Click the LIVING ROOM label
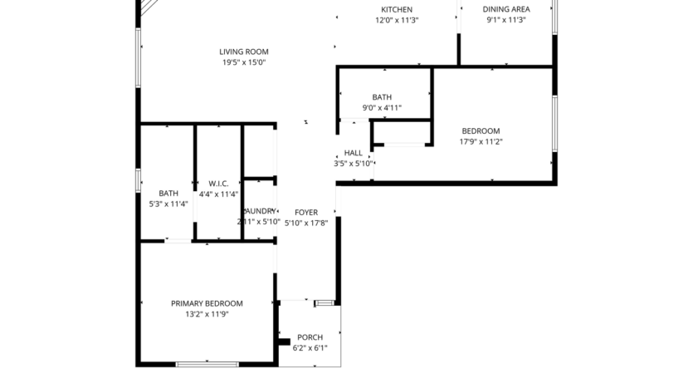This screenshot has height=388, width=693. (x=244, y=52)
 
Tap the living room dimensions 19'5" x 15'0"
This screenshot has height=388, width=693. (x=244, y=62)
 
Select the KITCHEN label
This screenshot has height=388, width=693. (x=397, y=9)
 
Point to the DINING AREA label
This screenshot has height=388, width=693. (x=506, y=9)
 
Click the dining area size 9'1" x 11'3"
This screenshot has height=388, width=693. (x=506, y=20)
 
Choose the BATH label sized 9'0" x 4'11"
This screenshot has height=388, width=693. (x=382, y=97)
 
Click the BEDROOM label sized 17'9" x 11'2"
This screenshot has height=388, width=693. (x=481, y=130)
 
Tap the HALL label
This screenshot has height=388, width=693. (x=354, y=153)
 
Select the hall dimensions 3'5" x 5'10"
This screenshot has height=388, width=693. (x=354, y=164)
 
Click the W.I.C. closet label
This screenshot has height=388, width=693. (x=218, y=184)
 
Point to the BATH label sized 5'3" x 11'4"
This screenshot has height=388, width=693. (x=168, y=193)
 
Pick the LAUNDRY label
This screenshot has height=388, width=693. (x=259, y=211)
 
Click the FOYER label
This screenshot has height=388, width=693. (x=306, y=212)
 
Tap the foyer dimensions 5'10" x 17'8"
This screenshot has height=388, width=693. (x=306, y=223)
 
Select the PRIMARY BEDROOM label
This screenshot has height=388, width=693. (x=207, y=303)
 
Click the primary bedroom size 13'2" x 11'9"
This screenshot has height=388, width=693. (x=207, y=314)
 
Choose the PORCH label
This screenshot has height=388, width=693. (x=310, y=337)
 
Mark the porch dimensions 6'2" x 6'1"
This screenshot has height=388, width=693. (x=310, y=348)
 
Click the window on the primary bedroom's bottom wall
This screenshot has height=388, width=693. (x=207, y=364)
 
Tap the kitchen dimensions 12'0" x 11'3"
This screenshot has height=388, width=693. (x=397, y=20)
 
